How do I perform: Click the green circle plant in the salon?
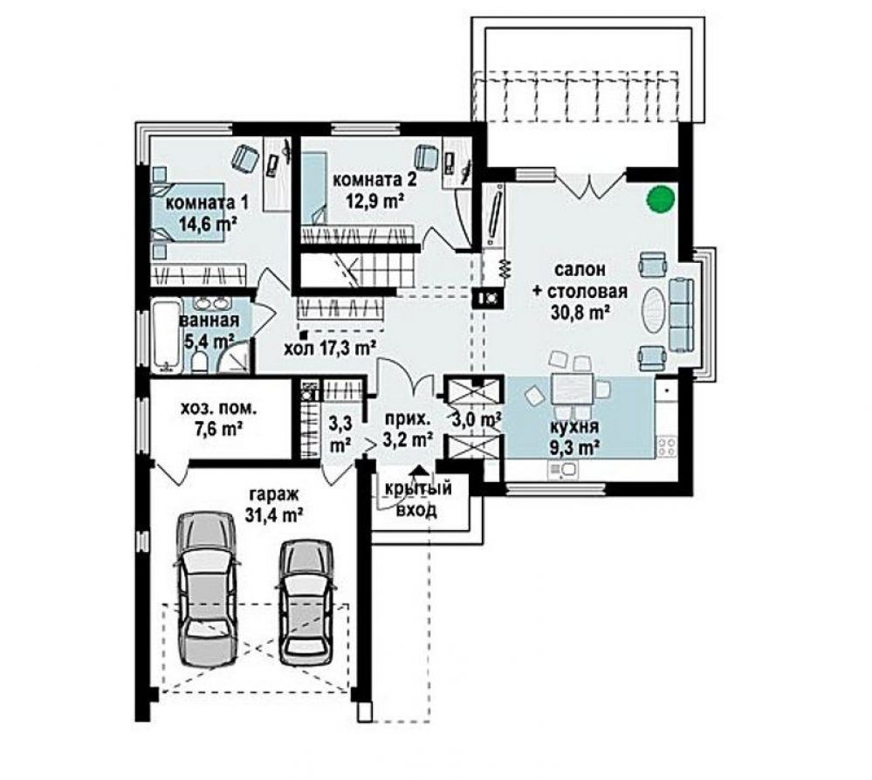(661, 198)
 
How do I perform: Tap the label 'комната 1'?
(207, 202)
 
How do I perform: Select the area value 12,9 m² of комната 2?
(376, 200)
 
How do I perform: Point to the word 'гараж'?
(274, 494)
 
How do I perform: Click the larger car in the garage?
(206, 589)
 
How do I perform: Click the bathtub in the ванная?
(167, 336)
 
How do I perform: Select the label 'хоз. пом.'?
(218, 409)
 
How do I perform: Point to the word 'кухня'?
(574, 427)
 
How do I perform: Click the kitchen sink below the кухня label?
(564, 470)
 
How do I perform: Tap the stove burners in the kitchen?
(668, 446)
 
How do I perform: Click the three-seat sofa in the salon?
(681, 315)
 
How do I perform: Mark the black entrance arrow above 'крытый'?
(419, 471)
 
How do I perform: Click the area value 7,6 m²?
(219, 430)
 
